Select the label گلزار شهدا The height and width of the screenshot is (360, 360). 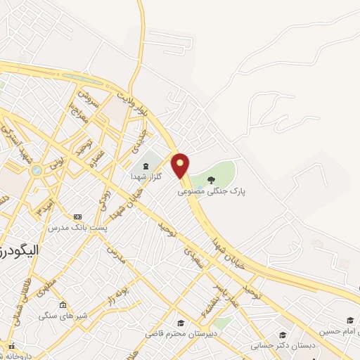tap(146, 176)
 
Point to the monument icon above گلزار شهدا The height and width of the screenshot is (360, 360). tap(146, 166)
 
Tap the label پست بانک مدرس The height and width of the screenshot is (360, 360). tap(77, 228)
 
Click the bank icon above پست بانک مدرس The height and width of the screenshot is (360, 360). tap(77, 217)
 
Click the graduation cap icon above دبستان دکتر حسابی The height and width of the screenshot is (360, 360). tap(283, 335)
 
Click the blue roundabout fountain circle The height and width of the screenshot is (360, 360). tap(36, 170)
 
